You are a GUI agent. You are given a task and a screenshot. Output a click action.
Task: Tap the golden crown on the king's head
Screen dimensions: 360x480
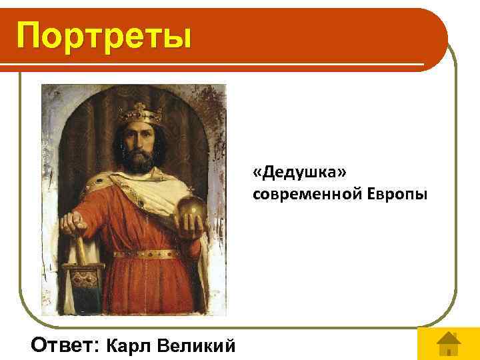(139, 114)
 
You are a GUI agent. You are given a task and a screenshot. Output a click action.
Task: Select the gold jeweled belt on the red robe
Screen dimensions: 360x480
(147, 254)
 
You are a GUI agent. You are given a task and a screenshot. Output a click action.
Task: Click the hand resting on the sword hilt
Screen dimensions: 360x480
(71, 223)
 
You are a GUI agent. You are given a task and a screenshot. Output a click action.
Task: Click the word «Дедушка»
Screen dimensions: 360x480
(299, 173)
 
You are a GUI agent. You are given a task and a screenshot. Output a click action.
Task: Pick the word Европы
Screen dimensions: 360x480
(397, 193)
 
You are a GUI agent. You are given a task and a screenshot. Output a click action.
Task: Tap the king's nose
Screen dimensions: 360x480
(139, 140)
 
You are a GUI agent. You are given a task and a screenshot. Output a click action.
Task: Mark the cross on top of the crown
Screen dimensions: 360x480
(139, 106)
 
